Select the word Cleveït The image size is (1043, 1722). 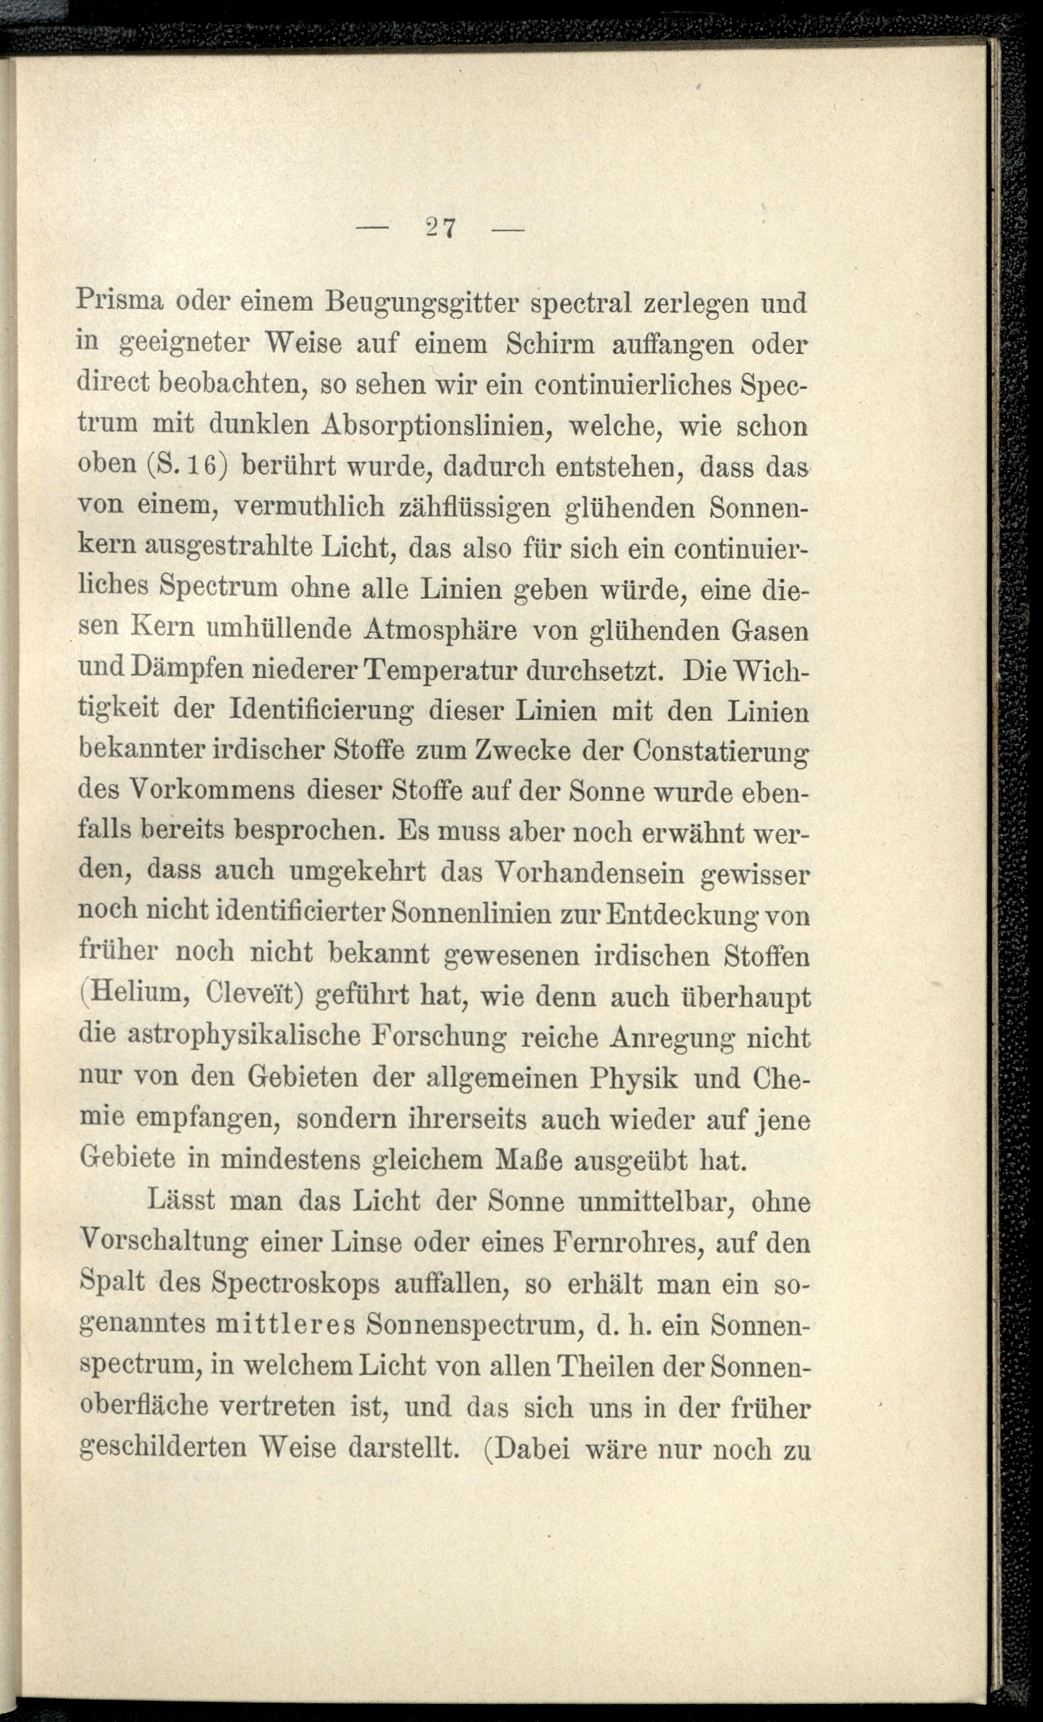point(253,995)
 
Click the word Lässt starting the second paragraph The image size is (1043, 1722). point(181,1201)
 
